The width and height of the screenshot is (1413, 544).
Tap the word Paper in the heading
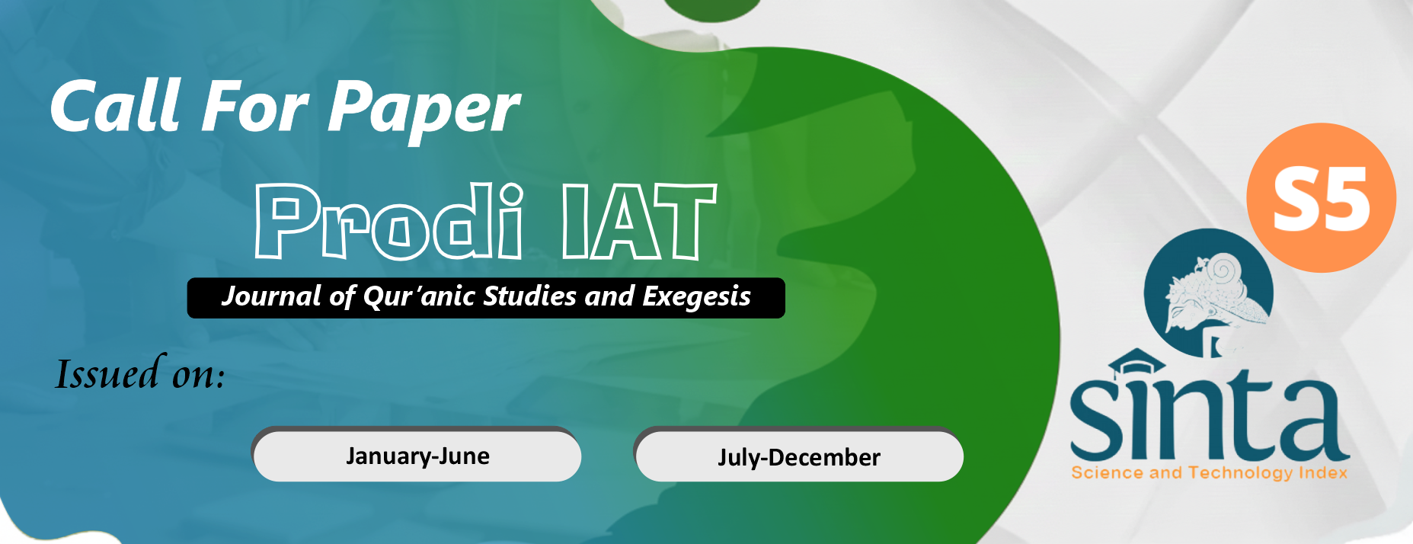(424, 111)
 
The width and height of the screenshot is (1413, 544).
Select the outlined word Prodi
(389, 222)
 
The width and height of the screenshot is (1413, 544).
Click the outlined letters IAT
(639, 222)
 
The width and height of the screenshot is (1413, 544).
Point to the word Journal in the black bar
(272, 296)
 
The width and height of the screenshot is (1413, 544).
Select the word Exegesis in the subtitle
(696, 297)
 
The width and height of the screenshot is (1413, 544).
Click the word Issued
(107, 373)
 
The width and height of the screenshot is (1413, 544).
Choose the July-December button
(799, 456)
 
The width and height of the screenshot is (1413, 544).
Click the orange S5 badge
(1321, 197)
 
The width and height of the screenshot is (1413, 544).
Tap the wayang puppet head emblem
(1209, 293)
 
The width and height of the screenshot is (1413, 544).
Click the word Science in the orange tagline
(1108, 473)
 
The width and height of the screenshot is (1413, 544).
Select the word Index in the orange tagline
(1323, 472)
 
